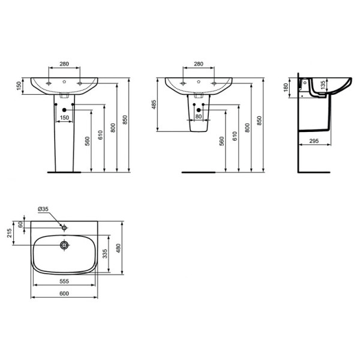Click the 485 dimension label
(x=154, y=104)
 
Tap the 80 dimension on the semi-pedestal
(x=199, y=117)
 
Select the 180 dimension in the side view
(x=286, y=88)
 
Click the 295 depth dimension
(x=313, y=141)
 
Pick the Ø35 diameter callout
(x=43, y=209)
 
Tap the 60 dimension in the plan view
(x=22, y=224)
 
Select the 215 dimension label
(x=10, y=232)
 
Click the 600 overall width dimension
(x=64, y=293)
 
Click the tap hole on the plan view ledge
(x=64, y=227)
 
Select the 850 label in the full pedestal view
(x=125, y=120)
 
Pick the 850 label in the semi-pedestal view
(x=260, y=120)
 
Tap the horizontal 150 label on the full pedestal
(x=64, y=117)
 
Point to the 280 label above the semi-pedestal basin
(x=199, y=64)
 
